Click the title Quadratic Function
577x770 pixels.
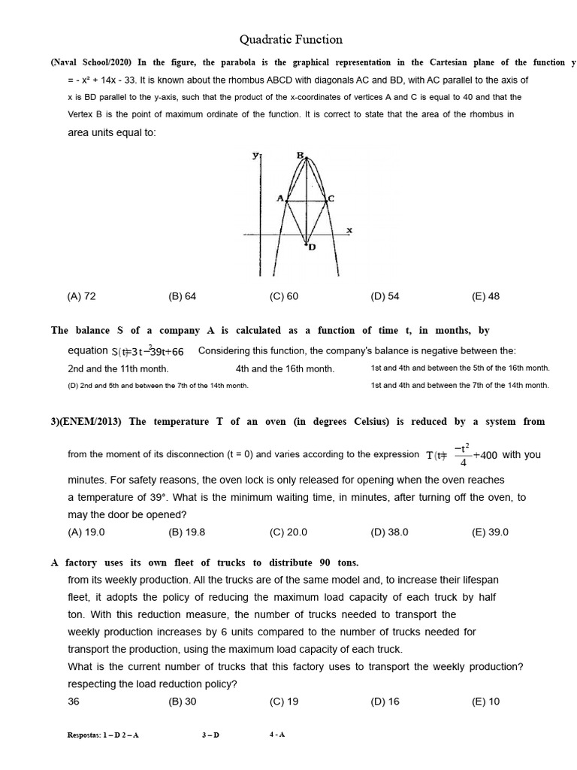(x=291, y=40)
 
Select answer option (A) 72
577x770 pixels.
(x=82, y=296)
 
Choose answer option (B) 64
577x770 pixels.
(x=183, y=296)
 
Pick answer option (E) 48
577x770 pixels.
(x=485, y=296)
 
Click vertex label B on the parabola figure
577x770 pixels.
(x=300, y=156)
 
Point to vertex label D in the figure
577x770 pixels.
(x=311, y=247)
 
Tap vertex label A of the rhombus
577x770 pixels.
(x=279, y=199)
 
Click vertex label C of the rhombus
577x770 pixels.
(x=331, y=199)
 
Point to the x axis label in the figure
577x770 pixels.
(x=349, y=230)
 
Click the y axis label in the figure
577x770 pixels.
(x=255, y=155)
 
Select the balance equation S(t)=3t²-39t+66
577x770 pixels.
(x=147, y=352)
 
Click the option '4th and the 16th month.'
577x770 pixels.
(x=285, y=368)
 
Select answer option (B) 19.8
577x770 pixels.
(x=187, y=532)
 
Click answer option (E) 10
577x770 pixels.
(x=485, y=702)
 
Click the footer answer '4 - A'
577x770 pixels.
(x=277, y=735)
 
